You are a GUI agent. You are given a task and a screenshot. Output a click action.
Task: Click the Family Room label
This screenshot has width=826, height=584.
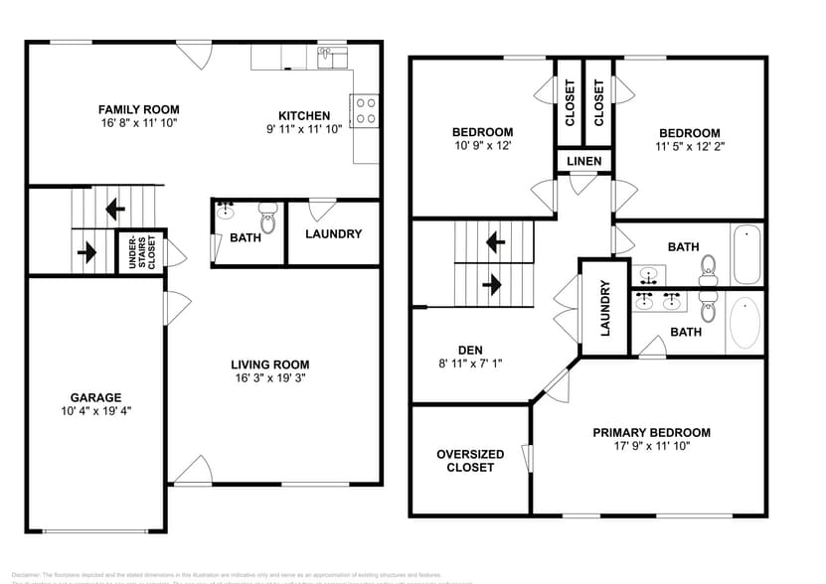tap(138, 109)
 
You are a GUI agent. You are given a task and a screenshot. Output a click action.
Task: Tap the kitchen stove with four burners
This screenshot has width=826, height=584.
tap(365, 109)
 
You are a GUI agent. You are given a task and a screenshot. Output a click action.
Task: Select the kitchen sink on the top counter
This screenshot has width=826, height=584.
tap(331, 58)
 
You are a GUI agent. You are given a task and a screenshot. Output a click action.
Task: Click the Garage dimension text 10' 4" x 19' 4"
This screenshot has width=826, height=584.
tap(95, 410)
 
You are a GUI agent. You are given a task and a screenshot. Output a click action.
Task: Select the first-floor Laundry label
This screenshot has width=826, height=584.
tap(333, 234)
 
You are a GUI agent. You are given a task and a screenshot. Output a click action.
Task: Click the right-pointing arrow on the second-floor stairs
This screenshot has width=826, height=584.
tap(492, 285)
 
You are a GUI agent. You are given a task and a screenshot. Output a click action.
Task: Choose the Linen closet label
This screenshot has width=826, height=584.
tap(583, 161)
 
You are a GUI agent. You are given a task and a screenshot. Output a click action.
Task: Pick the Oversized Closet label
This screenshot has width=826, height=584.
tap(470, 461)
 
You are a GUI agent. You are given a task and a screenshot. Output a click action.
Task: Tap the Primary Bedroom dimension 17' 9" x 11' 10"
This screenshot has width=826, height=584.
tap(651, 447)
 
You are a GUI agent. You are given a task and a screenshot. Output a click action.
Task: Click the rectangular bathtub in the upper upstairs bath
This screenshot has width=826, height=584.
tap(745, 255)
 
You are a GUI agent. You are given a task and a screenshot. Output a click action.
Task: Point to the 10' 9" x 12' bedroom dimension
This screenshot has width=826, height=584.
tap(482, 146)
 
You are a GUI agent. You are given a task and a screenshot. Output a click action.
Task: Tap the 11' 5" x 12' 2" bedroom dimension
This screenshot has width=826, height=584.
tap(690, 147)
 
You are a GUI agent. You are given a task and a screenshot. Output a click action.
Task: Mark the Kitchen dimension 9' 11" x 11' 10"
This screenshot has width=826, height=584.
tap(303, 129)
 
